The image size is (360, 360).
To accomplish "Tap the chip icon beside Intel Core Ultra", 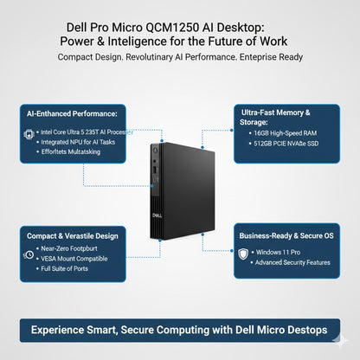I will tap(30, 133).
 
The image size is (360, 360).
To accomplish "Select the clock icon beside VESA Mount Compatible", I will tap(30, 257).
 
